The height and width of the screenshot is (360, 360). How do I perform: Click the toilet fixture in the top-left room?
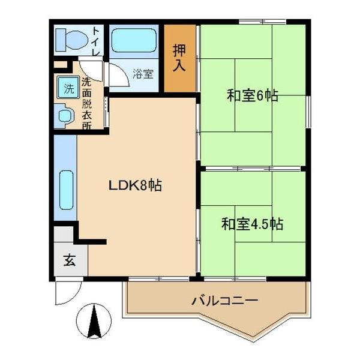click(x=69, y=40)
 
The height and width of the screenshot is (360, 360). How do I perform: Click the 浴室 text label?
click(x=143, y=74)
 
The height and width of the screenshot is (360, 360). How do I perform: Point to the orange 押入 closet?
click(x=180, y=57)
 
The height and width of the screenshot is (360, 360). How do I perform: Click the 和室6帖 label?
click(x=253, y=95)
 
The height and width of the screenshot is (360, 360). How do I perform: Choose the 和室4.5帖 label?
click(x=252, y=224)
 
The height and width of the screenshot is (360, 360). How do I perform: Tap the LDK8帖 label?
click(x=135, y=185)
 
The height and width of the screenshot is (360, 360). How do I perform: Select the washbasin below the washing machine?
click(x=64, y=115)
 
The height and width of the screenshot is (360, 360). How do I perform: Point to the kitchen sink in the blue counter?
click(x=66, y=190)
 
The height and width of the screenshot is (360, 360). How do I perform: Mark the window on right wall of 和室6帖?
click(x=310, y=111)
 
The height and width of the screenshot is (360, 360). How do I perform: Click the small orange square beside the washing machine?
click(x=58, y=65)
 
